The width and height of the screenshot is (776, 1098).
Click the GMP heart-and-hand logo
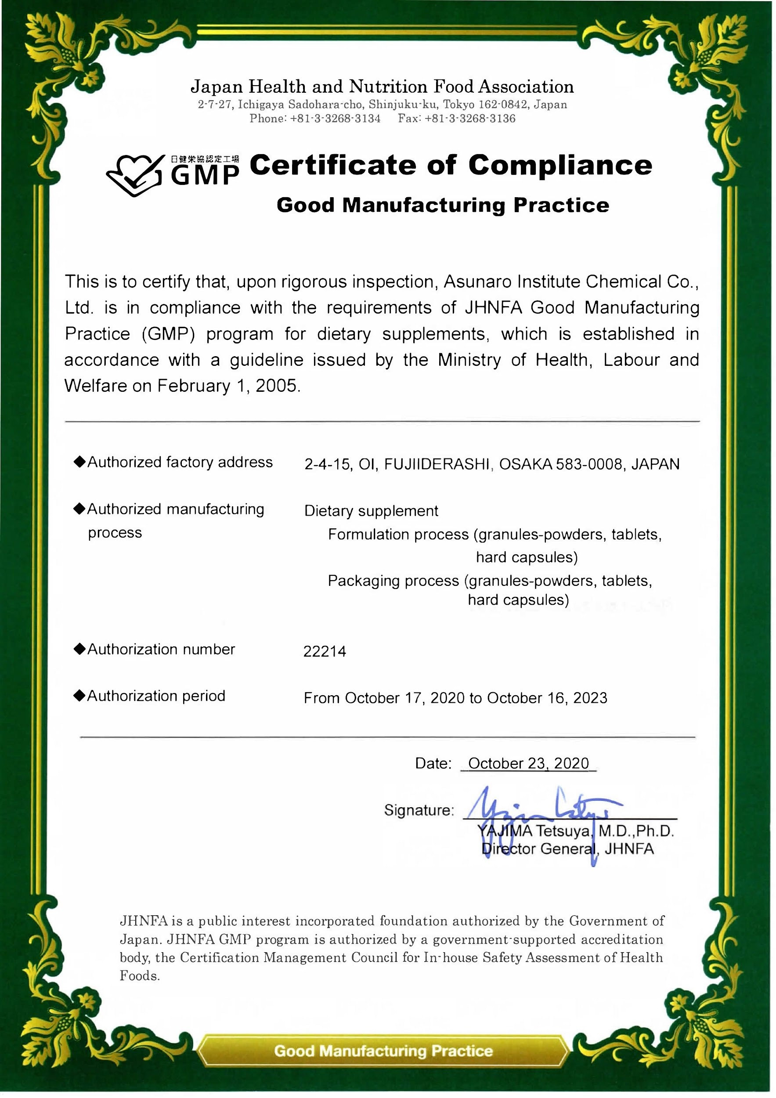[135, 174]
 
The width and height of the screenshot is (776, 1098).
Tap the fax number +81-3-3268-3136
[470, 119]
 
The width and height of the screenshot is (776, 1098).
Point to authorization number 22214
[325, 651]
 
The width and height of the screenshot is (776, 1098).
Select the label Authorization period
[156, 696]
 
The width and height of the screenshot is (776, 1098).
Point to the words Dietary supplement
[371, 511]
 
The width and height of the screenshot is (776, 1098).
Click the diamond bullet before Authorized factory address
[79, 462]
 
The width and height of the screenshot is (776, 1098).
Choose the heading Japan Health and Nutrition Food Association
[382, 87]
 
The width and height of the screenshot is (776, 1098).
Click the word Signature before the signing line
[419, 810]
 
